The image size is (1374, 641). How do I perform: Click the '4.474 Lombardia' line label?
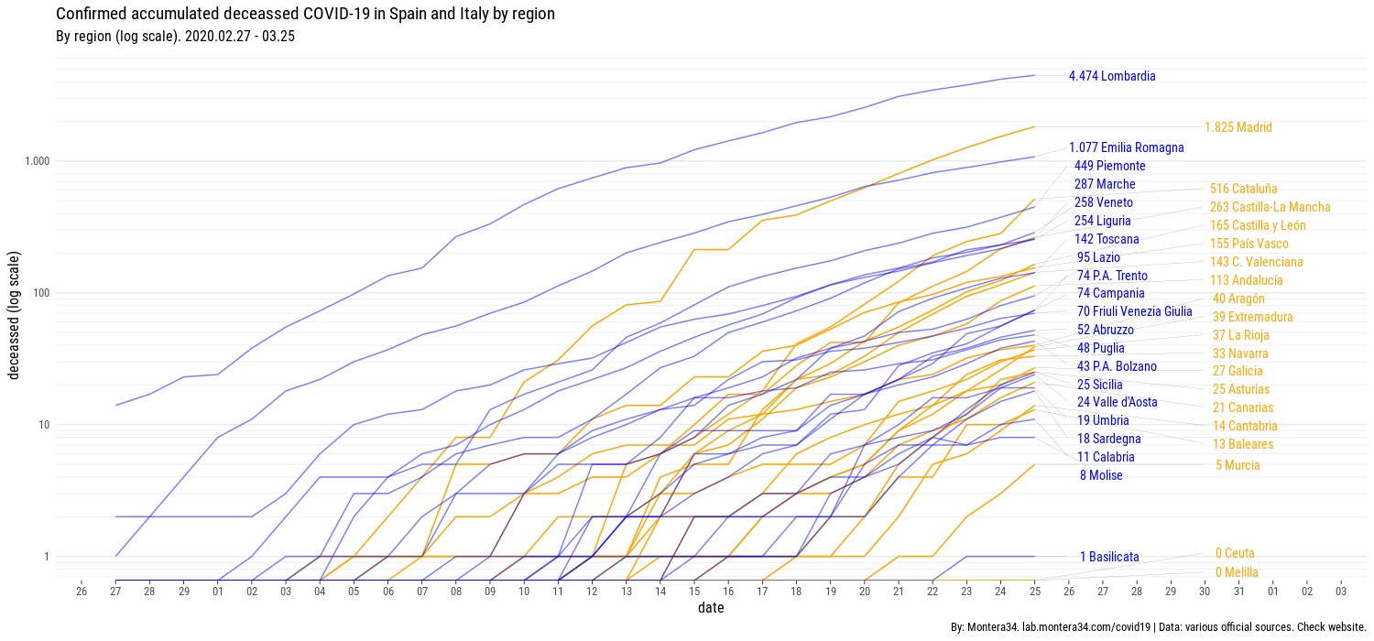click(x=1111, y=77)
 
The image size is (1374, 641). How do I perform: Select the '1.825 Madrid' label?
click(x=1238, y=128)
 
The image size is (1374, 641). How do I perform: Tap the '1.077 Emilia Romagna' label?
click(x=1126, y=147)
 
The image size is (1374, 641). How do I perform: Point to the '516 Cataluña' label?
click(x=1243, y=189)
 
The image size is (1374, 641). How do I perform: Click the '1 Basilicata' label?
click(x=1109, y=557)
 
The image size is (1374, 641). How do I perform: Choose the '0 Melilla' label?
click(x=1236, y=572)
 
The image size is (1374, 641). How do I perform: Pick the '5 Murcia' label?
click(x=1238, y=465)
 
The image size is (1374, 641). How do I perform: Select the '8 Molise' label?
click(x=1100, y=475)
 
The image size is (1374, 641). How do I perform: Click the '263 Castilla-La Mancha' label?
click(x=1270, y=207)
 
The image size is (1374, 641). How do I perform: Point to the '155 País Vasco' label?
click(x=1249, y=244)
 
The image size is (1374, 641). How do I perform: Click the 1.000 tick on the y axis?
click(x=38, y=161)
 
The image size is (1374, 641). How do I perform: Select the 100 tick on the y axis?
click(x=41, y=293)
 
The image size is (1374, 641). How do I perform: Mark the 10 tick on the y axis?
click(x=43, y=425)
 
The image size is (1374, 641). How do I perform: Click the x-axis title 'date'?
click(x=711, y=608)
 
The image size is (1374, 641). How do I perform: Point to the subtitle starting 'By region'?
click(x=175, y=37)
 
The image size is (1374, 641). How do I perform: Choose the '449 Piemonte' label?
click(x=1109, y=166)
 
